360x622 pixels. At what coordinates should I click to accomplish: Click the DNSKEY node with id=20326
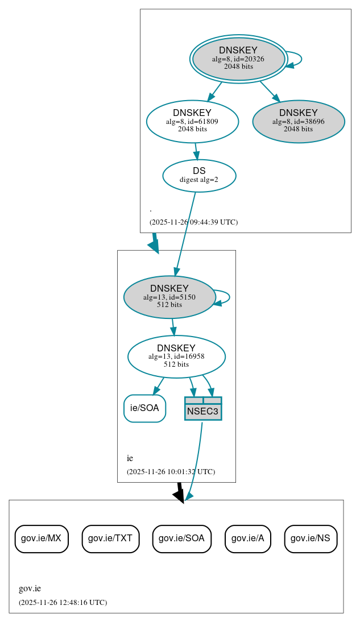tap(239, 59)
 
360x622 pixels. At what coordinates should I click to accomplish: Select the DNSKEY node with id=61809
tap(192, 121)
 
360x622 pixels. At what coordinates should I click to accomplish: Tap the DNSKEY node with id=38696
tap(298, 122)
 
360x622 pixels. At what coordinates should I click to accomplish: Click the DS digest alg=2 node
tap(199, 175)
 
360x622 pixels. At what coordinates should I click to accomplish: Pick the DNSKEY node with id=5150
tap(169, 297)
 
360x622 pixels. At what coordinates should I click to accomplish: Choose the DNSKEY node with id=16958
tap(176, 356)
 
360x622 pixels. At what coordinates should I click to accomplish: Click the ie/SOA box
tap(144, 408)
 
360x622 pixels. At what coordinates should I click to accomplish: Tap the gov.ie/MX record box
tap(42, 538)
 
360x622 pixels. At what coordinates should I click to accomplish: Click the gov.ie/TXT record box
tap(110, 538)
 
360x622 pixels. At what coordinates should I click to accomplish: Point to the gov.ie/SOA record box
tap(182, 538)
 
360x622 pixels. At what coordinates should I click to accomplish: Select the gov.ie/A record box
tap(247, 538)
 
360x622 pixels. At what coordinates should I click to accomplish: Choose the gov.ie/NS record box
tap(311, 538)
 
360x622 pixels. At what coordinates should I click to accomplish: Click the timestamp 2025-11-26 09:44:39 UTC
tap(193, 222)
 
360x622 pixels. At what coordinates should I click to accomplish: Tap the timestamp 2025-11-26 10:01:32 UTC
tap(171, 472)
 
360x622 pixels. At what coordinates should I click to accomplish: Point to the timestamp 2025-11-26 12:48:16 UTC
tap(63, 603)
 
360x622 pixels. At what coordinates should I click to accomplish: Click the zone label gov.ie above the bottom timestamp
tap(30, 589)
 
